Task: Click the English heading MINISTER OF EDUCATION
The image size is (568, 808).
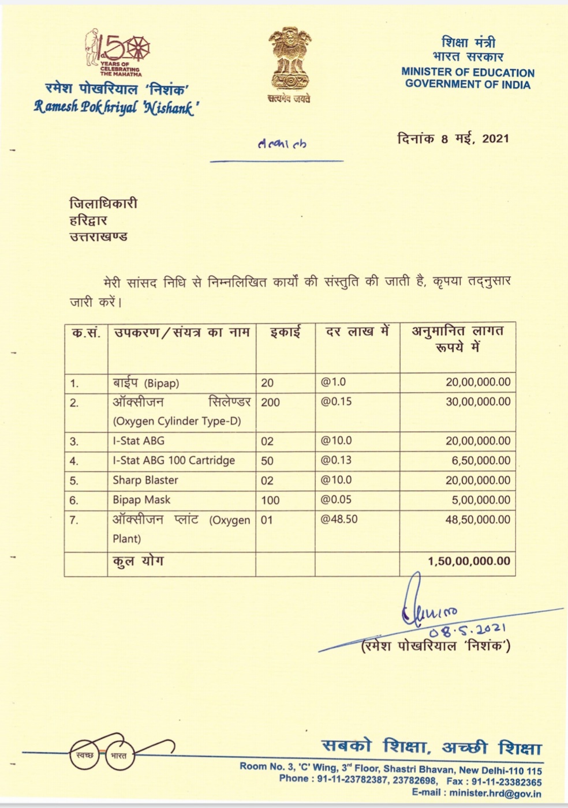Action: coord(468,73)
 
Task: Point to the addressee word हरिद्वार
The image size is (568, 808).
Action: coord(88,220)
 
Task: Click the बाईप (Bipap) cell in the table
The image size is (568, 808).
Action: coord(146,383)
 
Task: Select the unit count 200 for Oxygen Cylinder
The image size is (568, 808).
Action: coord(270,403)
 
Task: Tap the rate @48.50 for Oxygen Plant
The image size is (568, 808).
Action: coord(339,519)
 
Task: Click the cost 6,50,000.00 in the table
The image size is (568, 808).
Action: coord(481,460)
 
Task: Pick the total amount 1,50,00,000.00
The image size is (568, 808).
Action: coord(469,561)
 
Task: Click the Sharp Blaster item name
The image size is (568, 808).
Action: coord(145,480)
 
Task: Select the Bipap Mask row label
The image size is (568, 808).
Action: coord(141,499)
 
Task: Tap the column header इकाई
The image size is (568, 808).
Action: coord(285,333)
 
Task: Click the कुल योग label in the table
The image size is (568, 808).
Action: coord(138,561)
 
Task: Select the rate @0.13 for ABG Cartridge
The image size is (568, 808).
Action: coord(336,460)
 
